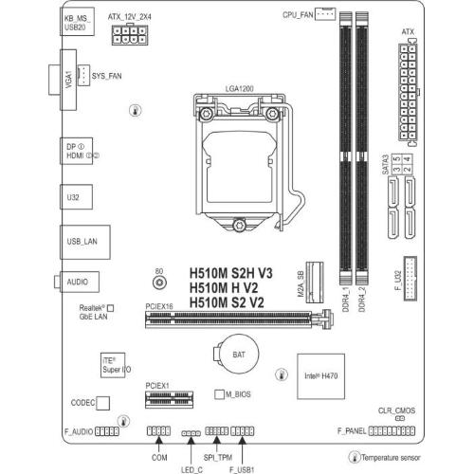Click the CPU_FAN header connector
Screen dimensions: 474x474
325,14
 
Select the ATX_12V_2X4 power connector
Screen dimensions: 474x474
130,34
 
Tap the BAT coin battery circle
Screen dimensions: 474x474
239,355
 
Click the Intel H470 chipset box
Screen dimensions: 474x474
320,376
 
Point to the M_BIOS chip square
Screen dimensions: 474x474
219,394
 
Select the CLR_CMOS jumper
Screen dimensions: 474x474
400,418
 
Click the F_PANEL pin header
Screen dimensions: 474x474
392,431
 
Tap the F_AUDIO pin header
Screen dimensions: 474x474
107,431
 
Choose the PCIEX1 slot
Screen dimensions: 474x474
169,399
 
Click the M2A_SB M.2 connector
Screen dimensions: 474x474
315,283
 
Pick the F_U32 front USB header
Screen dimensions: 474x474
410,279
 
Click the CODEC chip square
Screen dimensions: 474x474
103,403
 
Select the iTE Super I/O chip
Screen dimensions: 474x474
113,365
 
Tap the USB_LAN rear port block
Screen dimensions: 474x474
85,242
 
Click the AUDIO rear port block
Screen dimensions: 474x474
80,282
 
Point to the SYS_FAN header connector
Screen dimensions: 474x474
83,75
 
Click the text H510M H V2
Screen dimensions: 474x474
224,288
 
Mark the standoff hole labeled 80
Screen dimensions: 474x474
159,283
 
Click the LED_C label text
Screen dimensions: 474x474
191,470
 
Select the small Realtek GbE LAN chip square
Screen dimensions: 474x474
110,308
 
